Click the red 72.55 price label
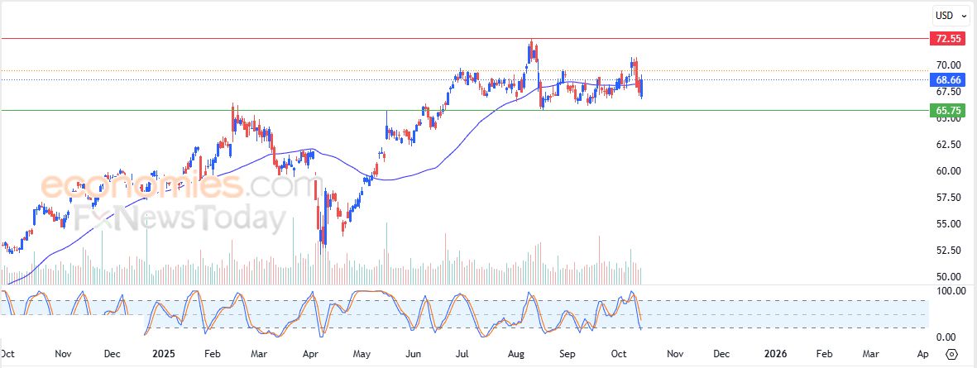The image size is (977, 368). tap(947, 39)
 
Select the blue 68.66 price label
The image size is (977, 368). tap(947, 80)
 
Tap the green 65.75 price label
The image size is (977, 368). tap(947, 110)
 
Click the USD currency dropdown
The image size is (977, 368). tap(946, 15)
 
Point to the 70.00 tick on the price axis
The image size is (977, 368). tap(948, 65)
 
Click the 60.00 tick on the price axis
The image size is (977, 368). tap(948, 171)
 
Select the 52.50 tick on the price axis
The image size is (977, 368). tap(948, 251)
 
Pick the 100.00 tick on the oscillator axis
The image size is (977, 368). tap(948, 291)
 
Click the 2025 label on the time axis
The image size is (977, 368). tap(164, 354)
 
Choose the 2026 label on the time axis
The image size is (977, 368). tap(776, 354)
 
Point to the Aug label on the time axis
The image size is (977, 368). tap(517, 354)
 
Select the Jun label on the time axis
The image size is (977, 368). tap(414, 354)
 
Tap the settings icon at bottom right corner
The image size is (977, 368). tap(952, 354)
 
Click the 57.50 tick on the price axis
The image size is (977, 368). tap(948, 198)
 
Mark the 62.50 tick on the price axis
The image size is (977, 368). tap(948, 145)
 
